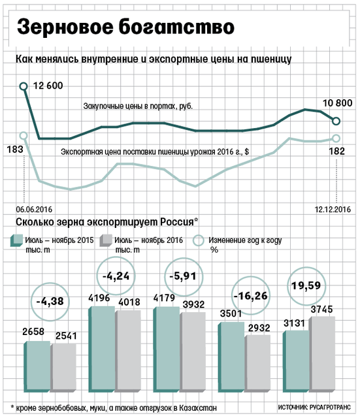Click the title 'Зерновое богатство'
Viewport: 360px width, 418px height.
click(125, 27)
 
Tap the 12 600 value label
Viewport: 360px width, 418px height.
click(48, 86)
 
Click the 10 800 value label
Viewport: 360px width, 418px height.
click(338, 103)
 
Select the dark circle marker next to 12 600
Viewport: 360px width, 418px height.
click(24, 86)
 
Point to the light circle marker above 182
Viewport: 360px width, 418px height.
click(336, 138)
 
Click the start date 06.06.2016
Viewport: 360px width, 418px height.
click(34, 209)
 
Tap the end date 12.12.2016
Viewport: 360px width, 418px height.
click(333, 209)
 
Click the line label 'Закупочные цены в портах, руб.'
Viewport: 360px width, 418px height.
click(138, 106)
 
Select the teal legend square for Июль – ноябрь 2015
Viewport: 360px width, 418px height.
click(16, 241)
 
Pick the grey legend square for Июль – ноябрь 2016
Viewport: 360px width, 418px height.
click(106, 241)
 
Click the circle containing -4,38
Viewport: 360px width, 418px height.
click(50, 302)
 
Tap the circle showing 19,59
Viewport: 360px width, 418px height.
click(306, 286)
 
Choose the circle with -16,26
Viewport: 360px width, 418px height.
click(251, 296)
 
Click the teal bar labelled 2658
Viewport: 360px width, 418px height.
click(37, 366)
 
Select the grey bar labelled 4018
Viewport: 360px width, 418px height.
click(128, 351)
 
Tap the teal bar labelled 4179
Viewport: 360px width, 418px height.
click(167, 349)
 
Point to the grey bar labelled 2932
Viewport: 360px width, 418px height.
click(258, 364)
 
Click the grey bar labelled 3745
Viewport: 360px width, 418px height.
click(323, 354)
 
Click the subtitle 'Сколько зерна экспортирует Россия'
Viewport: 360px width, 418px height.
click(105, 222)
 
